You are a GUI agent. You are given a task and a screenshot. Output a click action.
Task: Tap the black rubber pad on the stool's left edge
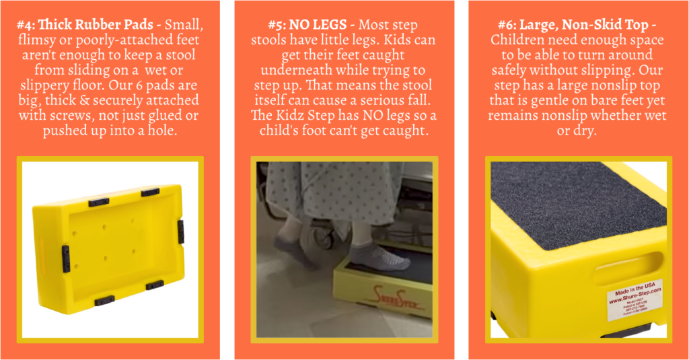65,258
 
